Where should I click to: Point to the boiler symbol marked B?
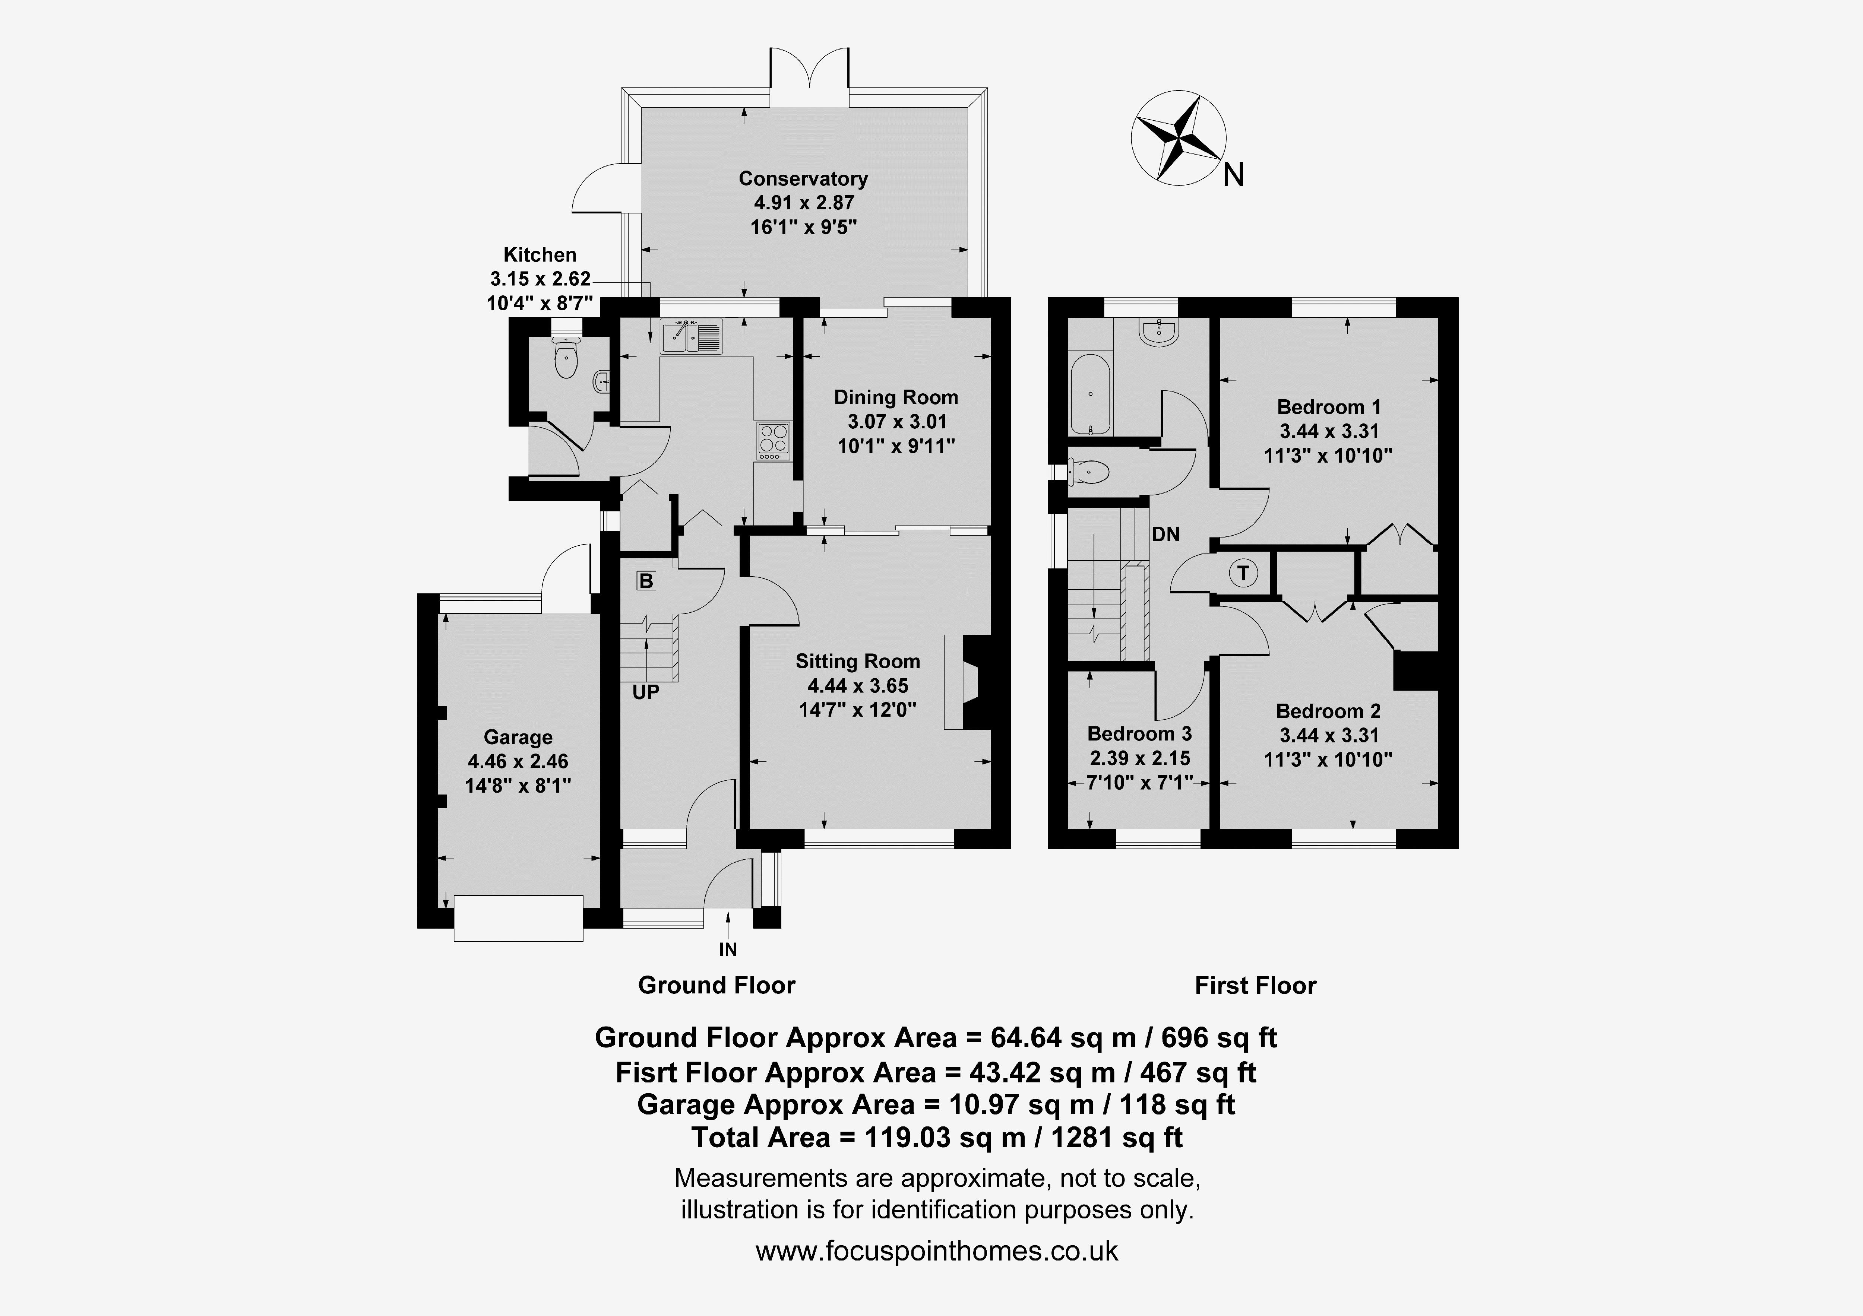(646, 581)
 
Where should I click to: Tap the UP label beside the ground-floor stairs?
(646, 692)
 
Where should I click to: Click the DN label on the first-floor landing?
(1166, 534)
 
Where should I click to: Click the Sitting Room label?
(858, 661)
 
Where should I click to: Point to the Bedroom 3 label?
(1139, 733)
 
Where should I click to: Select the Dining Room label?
(896, 397)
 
